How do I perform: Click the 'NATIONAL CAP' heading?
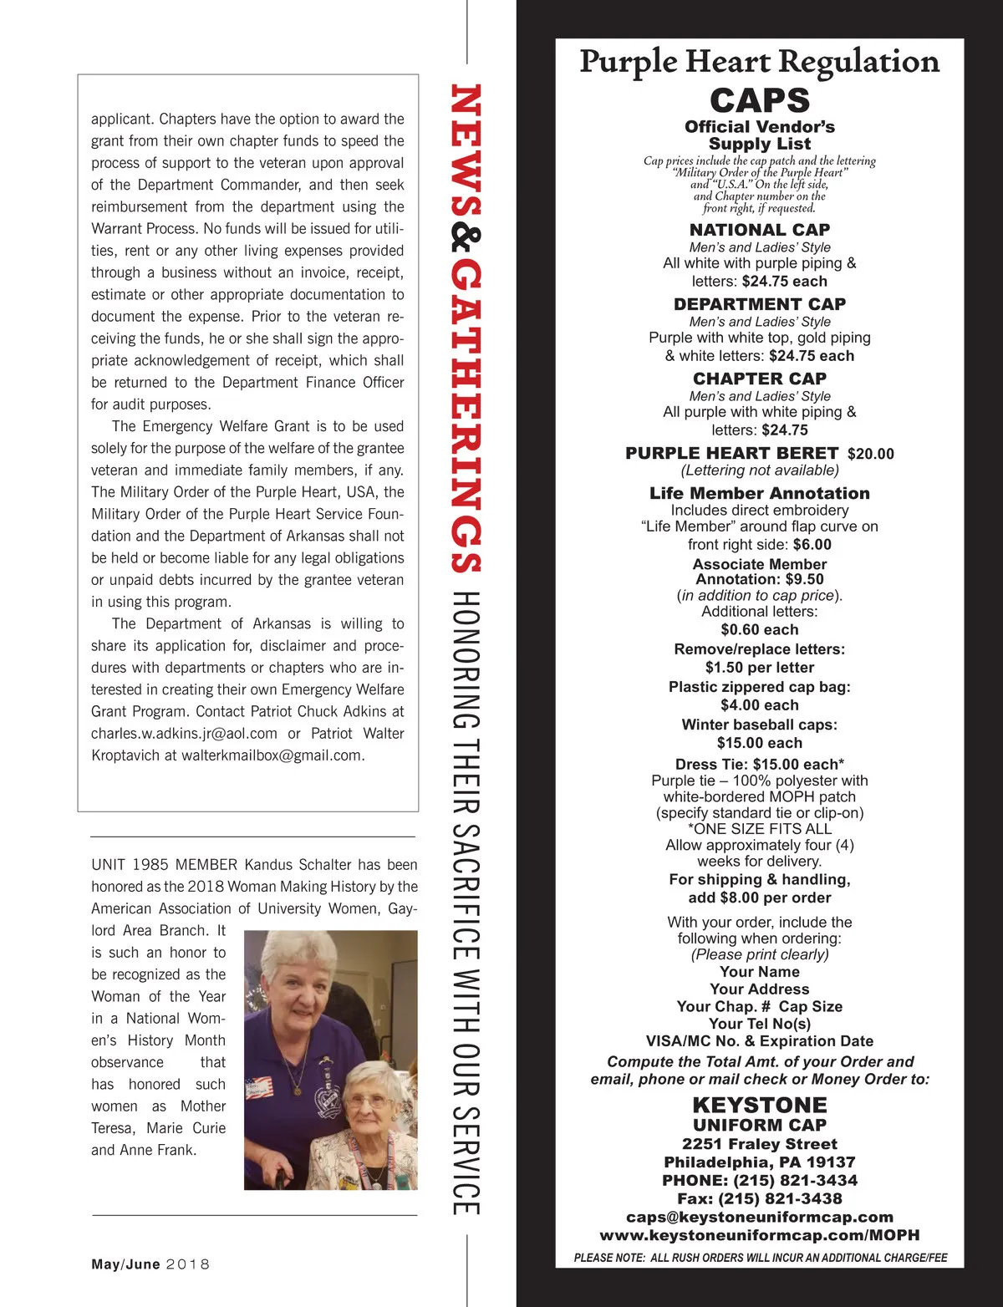pos(759,230)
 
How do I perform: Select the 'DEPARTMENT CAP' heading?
pos(759,304)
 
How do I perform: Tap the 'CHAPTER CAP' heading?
pos(759,379)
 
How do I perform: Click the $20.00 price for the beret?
pos(870,454)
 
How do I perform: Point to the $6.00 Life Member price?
pos(812,545)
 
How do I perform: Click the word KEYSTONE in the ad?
pos(759,1105)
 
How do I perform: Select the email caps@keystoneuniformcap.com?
pos(759,1217)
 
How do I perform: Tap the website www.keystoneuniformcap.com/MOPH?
pos(759,1235)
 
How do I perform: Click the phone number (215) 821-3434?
pos(795,1180)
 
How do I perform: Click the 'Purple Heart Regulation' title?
pos(759,62)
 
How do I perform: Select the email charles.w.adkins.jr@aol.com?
pos(184,734)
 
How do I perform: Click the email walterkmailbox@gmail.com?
pos(272,755)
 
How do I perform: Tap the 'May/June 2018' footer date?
pos(150,1264)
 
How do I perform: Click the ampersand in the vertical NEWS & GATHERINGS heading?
pos(466,240)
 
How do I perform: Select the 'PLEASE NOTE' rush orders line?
pos(760,1258)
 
